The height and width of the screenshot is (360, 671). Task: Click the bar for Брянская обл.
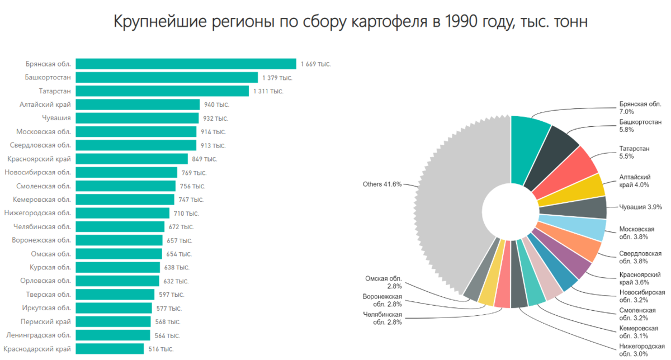coord(186,64)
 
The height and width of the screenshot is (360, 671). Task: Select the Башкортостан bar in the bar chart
coord(167,77)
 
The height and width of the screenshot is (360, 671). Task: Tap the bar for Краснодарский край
coord(110,349)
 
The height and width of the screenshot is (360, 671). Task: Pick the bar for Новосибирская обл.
coord(126,172)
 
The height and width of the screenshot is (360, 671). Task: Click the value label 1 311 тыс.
coord(268,91)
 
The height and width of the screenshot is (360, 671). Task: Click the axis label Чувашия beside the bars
coord(56,118)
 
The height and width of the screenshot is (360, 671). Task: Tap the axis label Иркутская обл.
coord(47,308)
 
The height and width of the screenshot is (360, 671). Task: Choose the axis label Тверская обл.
coord(49,295)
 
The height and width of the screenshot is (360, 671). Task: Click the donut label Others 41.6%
coord(382,184)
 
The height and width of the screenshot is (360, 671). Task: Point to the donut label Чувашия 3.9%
coord(641,207)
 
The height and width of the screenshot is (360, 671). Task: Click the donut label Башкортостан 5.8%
coord(640,125)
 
